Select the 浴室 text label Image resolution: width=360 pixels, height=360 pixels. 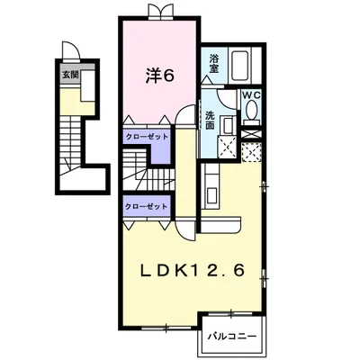(214, 63)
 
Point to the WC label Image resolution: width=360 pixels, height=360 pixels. (252, 95)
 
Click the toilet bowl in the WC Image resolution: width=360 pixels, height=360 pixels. (251, 109)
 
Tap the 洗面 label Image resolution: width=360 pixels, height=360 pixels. (210, 121)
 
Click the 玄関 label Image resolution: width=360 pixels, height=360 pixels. (70, 75)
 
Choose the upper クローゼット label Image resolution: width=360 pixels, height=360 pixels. (147, 137)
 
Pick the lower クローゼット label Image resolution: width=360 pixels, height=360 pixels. (146, 207)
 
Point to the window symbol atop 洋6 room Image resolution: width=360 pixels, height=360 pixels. (161, 12)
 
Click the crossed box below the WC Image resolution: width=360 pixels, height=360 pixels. (252, 134)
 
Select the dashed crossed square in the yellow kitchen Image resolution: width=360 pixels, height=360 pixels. (251, 153)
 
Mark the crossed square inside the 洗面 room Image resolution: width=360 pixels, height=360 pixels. (228, 147)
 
